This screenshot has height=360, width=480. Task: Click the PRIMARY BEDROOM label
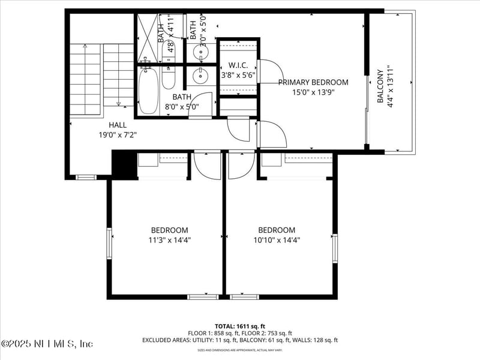pyautogui.click(x=313, y=82)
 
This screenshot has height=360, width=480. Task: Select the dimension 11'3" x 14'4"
pyautogui.click(x=169, y=240)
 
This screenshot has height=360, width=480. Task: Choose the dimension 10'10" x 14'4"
pyautogui.click(x=277, y=240)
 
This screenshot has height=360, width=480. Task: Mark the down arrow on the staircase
pyautogui.click(x=118, y=102)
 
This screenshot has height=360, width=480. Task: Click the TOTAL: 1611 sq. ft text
pyautogui.click(x=239, y=326)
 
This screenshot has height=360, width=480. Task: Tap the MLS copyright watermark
pyautogui.click(x=47, y=344)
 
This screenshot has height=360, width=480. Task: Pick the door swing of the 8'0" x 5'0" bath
pyautogui.click(x=205, y=103)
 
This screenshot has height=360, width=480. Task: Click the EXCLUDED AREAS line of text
pyautogui.click(x=239, y=340)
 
